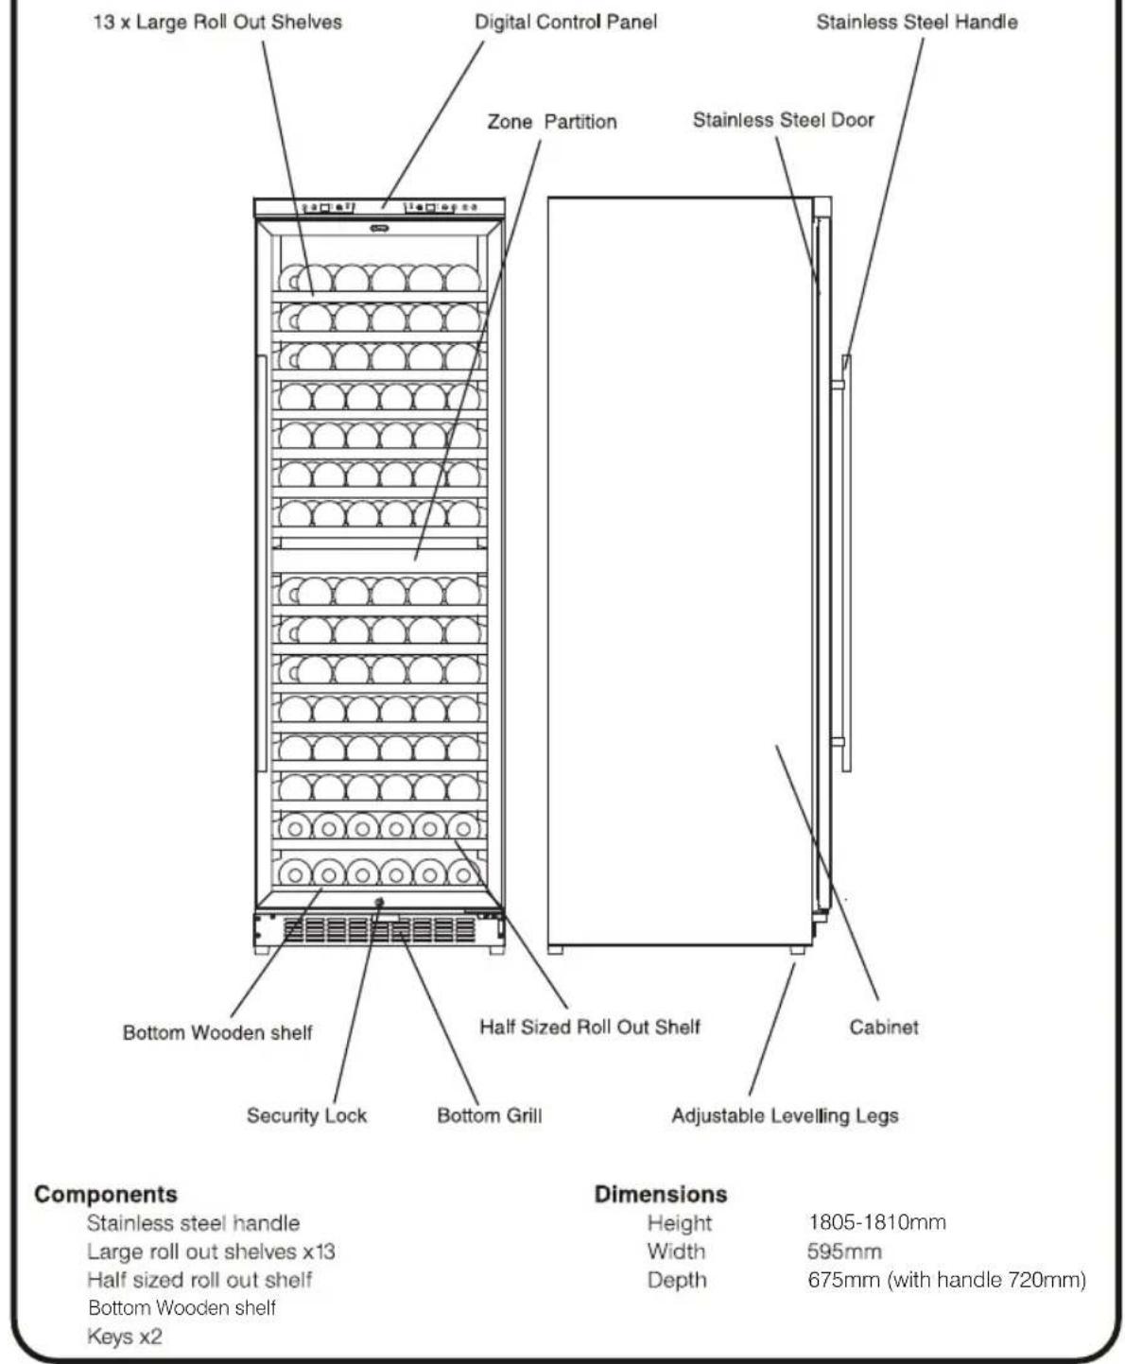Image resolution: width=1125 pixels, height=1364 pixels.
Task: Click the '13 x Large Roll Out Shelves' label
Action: pos(217,22)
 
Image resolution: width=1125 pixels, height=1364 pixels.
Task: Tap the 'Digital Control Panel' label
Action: pos(565,22)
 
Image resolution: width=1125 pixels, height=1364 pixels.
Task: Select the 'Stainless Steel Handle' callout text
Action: pos(917,22)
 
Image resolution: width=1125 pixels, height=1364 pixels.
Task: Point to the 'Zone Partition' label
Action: pos(552,122)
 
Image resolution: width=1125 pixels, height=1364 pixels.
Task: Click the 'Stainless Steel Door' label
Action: pos(784,120)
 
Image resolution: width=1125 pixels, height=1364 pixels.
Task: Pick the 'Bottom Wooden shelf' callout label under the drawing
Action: pos(217,1032)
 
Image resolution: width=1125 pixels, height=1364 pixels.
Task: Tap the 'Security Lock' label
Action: pos(306,1115)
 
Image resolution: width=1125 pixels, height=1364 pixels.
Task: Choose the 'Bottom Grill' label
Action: pos(490,1115)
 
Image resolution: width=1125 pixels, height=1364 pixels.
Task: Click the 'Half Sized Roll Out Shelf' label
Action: pos(589,1027)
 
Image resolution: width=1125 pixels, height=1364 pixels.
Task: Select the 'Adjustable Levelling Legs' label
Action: pos(785,1115)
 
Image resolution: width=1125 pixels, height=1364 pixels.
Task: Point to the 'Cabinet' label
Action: pos(884,1027)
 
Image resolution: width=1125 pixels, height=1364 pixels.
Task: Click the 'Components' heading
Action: pos(106,1195)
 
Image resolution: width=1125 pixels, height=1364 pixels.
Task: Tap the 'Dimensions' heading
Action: pos(661,1194)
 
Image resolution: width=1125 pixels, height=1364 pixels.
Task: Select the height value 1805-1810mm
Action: pos(876,1222)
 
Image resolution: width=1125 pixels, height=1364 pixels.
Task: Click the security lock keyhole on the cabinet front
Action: pos(379,903)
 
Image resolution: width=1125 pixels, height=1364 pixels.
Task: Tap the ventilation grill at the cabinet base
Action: pos(379,930)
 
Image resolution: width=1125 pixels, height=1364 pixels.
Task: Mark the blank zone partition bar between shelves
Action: pos(380,561)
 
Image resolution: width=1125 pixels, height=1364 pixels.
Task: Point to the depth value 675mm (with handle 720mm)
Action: pos(946,1280)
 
